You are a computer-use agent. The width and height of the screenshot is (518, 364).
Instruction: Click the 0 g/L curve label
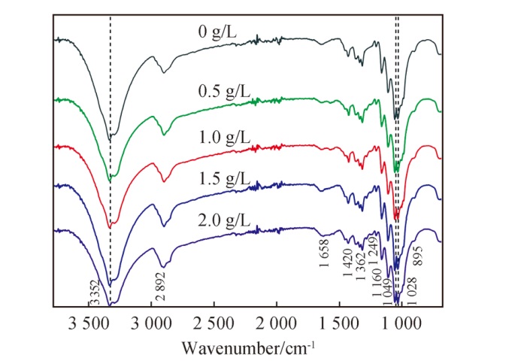pos(218,33)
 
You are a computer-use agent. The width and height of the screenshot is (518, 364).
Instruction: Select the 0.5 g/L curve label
pos(224,93)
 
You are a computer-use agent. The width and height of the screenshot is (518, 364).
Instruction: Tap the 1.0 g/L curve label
pos(224,138)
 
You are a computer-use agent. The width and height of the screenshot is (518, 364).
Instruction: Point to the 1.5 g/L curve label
pos(224,180)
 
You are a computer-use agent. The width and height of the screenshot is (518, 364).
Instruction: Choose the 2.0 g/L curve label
pos(224,220)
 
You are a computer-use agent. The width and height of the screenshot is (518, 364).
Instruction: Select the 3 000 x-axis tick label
pos(151,323)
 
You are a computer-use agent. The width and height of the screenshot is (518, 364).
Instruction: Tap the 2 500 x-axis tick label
pos(214,323)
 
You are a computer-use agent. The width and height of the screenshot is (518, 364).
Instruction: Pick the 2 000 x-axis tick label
pos(277,323)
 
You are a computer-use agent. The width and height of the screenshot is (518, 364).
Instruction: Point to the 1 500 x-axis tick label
pos(339,323)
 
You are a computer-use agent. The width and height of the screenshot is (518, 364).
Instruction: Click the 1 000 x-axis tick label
pos(401,323)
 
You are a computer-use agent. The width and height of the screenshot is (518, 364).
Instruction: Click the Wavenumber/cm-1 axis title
pos(248,348)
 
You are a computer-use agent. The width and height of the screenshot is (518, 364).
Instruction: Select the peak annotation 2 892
pos(161,287)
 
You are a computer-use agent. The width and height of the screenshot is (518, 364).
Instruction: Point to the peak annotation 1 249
pos(374,249)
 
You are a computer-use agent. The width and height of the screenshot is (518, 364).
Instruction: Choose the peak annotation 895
pos(418,256)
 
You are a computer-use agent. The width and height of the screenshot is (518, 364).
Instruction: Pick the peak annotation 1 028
pos(413,291)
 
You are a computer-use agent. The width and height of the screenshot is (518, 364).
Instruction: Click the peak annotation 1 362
pos(362,266)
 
